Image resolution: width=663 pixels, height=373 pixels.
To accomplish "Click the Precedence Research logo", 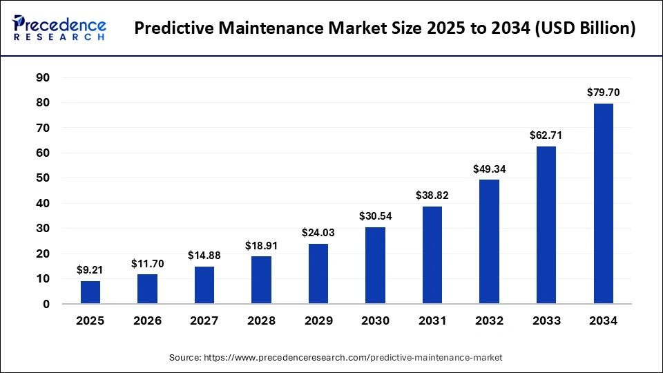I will pyautogui.click(x=59, y=28).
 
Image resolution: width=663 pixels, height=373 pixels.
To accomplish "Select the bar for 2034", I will pyautogui.click(x=603, y=203).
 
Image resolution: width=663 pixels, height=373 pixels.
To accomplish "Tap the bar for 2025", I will pyautogui.click(x=90, y=292).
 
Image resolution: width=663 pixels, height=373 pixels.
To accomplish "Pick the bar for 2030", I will pyautogui.click(x=375, y=265).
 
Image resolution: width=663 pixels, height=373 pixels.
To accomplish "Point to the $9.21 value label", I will pyautogui.click(x=90, y=270).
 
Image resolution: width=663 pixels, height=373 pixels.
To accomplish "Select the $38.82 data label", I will pyautogui.click(x=432, y=195).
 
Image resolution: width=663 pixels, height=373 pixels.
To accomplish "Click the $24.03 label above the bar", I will pyautogui.click(x=318, y=233).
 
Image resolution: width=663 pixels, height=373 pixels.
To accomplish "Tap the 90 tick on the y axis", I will pyautogui.click(x=43, y=77).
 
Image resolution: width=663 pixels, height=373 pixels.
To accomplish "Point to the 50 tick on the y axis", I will pyautogui.click(x=43, y=178).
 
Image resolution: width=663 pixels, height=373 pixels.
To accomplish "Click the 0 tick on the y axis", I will pyautogui.click(x=46, y=304).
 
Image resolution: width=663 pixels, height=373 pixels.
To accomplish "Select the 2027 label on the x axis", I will pyautogui.click(x=204, y=321).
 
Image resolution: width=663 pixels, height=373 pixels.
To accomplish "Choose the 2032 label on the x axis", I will pyautogui.click(x=489, y=321).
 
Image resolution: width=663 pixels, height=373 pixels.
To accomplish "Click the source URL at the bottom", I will pyautogui.click(x=336, y=358).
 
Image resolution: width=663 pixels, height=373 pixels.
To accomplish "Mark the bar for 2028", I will pyautogui.click(x=261, y=280).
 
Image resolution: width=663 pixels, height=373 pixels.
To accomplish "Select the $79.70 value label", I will pyautogui.click(x=603, y=93).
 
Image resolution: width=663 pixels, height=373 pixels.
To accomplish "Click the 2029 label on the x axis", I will pyautogui.click(x=318, y=321).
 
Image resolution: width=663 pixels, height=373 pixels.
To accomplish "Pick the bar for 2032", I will pyautogui.click(x=489, y=242).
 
